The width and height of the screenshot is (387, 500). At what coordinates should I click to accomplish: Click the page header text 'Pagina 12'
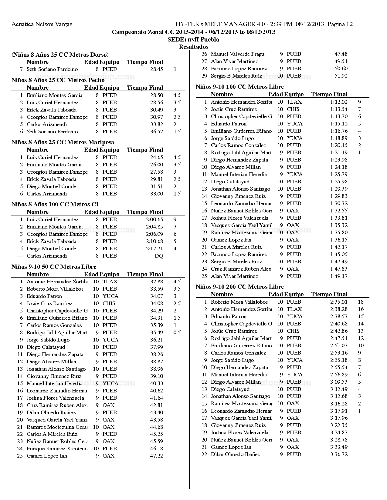click(x=340, y=24)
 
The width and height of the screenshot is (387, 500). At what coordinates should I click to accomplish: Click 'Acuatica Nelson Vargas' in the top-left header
click(x=42, y=24)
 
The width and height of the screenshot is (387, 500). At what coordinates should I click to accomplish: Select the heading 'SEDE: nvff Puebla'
click(x=193, y=39)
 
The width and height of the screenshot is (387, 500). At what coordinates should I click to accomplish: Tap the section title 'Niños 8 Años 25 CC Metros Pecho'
click(x=58, y=80)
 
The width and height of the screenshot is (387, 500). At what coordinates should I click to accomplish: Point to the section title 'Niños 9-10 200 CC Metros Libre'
click(x=240, y=287)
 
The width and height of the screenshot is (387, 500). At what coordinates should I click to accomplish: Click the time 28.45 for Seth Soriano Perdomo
click(x=157, y=69)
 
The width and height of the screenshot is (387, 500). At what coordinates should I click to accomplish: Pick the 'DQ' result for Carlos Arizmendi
click(x=159, y=256)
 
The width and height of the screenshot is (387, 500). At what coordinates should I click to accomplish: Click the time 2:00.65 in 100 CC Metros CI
click(x=154, y=219)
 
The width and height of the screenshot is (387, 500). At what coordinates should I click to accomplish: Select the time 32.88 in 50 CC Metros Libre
click(x=157, y=282)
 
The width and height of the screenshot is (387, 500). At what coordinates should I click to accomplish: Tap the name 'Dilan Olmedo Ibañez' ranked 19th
click(x=51, y=412)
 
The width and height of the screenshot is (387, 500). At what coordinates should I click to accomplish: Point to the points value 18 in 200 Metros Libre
click(x=361, y=302)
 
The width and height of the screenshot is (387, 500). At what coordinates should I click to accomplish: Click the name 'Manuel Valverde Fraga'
click(x=237, y=54)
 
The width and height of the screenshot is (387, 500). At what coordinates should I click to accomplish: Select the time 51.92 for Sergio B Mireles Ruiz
click(x=341, y=76)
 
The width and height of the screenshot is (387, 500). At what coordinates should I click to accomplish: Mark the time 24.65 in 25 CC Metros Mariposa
click(x=157, y=157)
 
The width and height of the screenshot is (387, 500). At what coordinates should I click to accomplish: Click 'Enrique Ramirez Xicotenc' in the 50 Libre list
click(x=57, y=448)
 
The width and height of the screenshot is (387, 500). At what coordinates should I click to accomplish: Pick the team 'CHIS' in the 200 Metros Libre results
click(x=293, y=331)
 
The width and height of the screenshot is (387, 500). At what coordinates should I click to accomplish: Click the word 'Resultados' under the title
click(x=193, y=47)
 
